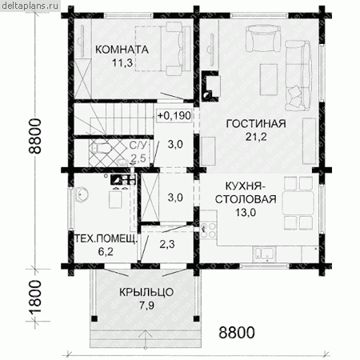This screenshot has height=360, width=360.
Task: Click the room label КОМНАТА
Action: click(x=122, y=50)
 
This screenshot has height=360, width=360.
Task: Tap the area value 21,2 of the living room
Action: click(x=256, y=137)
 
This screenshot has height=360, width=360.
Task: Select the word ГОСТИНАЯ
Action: click(x=256, y=124)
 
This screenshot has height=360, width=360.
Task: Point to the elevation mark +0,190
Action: click(x=174, y=116)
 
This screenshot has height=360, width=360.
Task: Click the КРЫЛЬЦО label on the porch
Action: click(x=146, y=292)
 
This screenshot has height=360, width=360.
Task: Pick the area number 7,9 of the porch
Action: click(x=146, y=306)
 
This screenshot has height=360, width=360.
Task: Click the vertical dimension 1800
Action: click(x=35, y=297)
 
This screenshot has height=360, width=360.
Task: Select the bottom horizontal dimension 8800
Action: click(x=237, y=333)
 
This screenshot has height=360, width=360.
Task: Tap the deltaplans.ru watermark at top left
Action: click(x=30, y=6)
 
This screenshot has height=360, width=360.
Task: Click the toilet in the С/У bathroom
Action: click(x=98, y=147)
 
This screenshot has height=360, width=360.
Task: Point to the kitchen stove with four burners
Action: click(x=208, y=230)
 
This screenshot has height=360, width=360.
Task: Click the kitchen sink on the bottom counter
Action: click(x=264, y=253)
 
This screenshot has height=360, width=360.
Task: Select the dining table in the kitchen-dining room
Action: click(x=298, y=202)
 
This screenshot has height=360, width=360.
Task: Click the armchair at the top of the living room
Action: click(x=263, y=38)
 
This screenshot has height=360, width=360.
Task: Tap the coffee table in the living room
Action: click(x=269, y=79)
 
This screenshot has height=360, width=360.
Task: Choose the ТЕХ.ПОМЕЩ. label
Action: click(x=106, y=238)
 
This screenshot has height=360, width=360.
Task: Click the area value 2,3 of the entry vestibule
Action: click(x=167, y=244)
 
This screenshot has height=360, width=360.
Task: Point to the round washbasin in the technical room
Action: click(x=82, y=194)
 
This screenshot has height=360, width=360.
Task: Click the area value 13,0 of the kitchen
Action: click(x=246, y=213)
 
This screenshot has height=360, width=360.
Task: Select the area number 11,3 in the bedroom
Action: click(x=122, y=63)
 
